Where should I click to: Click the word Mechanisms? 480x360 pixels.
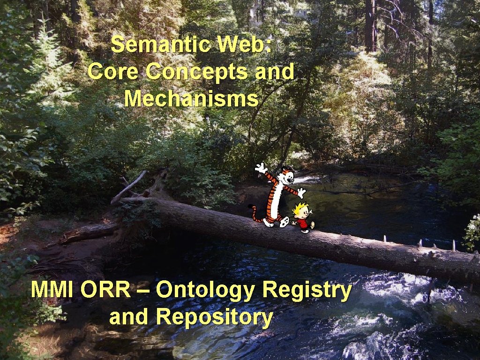[191, 99]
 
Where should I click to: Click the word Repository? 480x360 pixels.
[214, 317]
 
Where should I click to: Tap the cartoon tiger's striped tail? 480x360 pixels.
[255, 214]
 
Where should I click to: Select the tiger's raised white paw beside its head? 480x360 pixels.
[261, 167]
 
